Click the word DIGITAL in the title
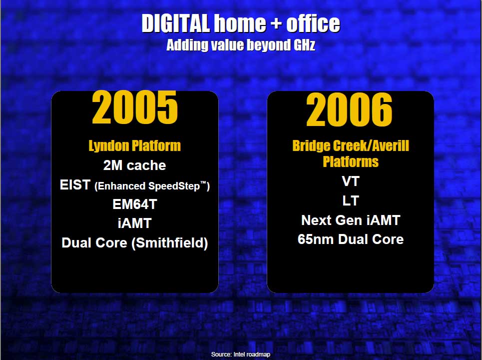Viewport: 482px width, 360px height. (176, 23)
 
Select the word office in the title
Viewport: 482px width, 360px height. (313, 23)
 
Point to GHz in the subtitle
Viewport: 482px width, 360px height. (304, 45)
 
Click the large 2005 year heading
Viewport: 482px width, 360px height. (135, 107)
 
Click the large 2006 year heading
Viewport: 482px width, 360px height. (349, 110)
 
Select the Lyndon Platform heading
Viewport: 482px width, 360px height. (135, 145)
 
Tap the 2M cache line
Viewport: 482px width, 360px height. (135, 165)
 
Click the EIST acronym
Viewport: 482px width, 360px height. (75, 185)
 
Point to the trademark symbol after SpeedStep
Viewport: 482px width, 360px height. (203, 183)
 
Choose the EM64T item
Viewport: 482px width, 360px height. (135, 204)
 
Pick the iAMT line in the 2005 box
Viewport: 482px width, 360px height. (135, 223)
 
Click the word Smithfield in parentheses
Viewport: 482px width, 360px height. (170, 243)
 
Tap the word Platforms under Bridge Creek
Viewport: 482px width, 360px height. (351, 161)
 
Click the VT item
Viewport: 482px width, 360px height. (351, 181)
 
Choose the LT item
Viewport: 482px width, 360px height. (351, 201)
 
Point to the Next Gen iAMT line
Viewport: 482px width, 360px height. (351, 220)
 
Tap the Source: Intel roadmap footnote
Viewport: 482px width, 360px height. (241, 354)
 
